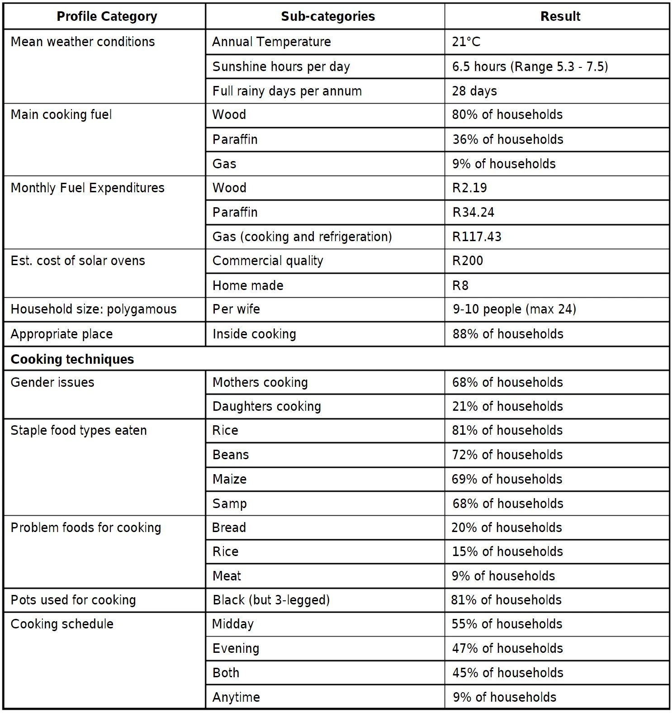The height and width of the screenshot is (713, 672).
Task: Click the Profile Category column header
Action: coord(107,17)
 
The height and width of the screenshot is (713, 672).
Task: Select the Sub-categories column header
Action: coord(328,17)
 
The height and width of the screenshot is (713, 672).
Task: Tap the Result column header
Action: coord(560,17)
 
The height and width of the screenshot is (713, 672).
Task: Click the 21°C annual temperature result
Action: coord(466,42)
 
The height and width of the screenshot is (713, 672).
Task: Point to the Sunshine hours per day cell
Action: coord(281,67)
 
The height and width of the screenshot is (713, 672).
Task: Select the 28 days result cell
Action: coord(474,91)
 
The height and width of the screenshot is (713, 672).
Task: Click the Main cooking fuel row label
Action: coord(61,115)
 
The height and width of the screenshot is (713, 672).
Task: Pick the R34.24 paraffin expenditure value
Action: coord(473,213)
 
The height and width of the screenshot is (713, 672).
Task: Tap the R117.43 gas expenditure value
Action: coord(477,237)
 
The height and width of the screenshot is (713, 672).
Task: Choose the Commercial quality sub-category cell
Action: coord(268,261)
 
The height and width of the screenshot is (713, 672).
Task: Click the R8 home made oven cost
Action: coord(460,286)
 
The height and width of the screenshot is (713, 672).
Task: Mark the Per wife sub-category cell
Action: coord(236,309)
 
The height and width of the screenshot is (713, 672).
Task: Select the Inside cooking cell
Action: coord(254,334)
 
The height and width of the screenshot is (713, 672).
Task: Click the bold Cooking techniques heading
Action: coord(72,360)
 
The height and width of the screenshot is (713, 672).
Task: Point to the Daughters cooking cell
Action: coord(266,407)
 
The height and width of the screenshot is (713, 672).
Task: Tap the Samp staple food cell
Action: coord(229,504)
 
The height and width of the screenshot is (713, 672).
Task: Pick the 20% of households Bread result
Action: coord(506,528)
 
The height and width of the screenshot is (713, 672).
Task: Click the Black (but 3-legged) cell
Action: coord(271,600)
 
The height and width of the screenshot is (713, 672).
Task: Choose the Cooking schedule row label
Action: coord(62,624)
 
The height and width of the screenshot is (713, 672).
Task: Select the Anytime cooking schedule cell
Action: coord(236,698)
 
